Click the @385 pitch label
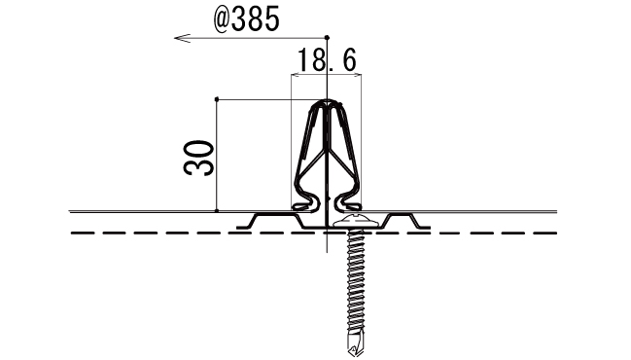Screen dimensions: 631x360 pos(246,18)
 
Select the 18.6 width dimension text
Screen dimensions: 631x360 pos(327,60)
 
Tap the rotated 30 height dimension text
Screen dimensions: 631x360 pos(198,158)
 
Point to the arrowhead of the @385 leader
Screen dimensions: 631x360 pos(182,38)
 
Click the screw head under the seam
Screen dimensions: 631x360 pos(355,222)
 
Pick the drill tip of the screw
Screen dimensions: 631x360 pos(356,342)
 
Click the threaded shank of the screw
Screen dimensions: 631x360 pos(356,278)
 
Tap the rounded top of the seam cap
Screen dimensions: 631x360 pos(328,102)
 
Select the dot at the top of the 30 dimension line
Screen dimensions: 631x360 pos(217,99)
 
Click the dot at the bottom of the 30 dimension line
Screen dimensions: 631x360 pos(217,210)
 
